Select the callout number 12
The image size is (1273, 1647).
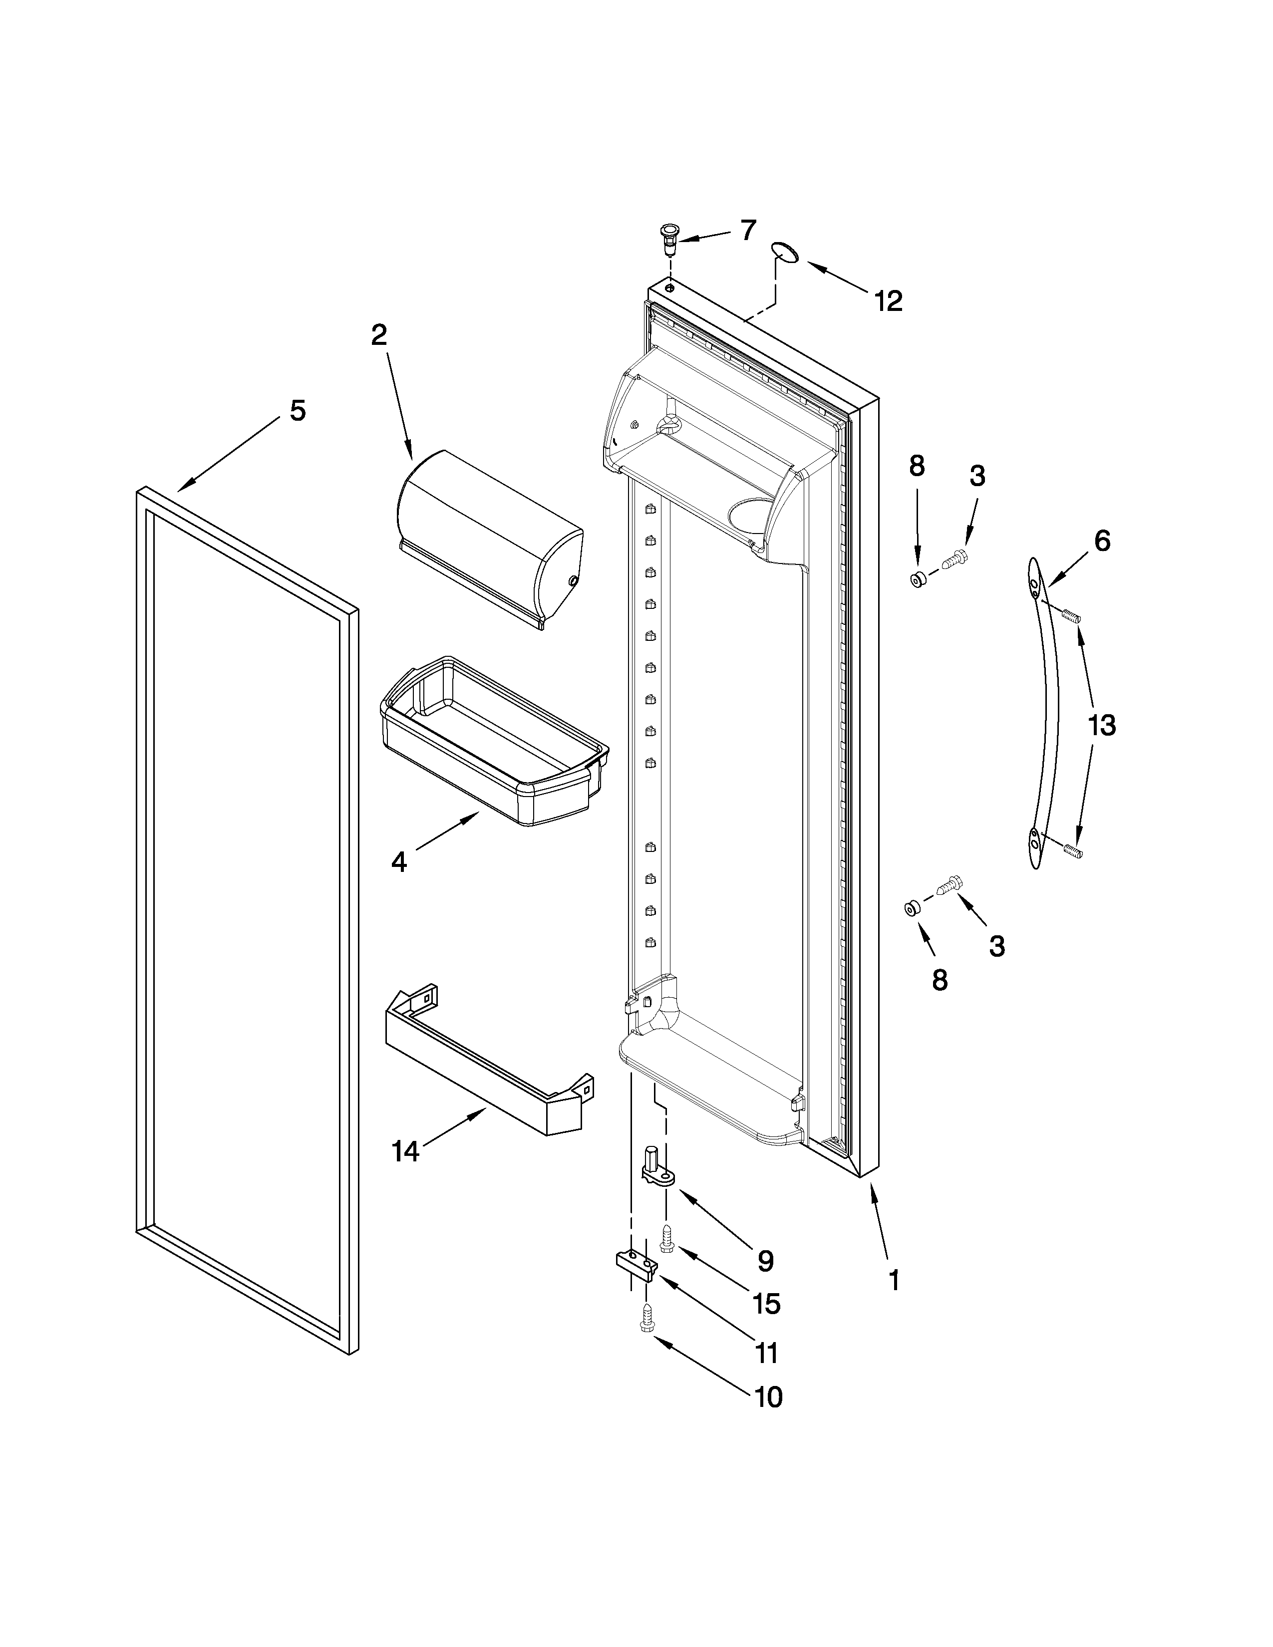[x=889, y=301]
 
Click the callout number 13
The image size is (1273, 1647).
[x=1101, y=726]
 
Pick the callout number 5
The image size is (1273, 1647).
[x=298, y=410]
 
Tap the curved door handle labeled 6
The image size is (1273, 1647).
[x=1044, y=713]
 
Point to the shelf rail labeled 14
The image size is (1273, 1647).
[x=483, y=1071]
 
